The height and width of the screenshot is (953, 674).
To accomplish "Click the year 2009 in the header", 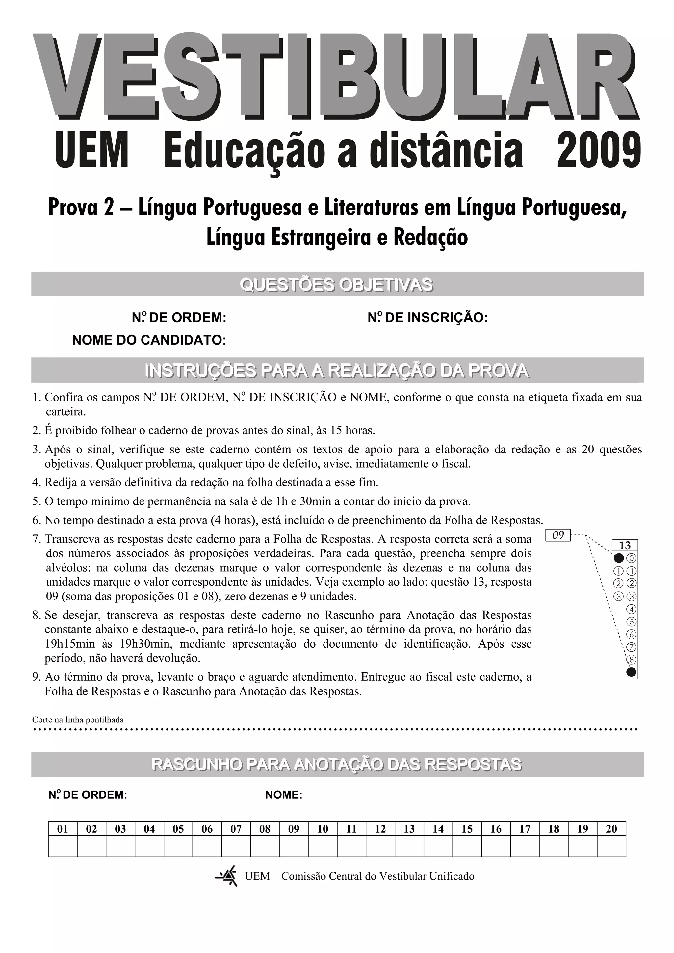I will click(598, 150).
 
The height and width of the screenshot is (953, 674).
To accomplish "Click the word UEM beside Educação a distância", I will click(91, 150).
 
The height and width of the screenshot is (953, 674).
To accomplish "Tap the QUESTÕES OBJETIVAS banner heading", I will click(336, 285).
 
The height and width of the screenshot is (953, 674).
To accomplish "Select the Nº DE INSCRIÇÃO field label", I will click(427, 318).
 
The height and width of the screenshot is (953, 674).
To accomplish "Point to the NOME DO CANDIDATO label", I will click(149, 340).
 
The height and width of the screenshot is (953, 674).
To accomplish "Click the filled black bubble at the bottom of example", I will click(631, 672).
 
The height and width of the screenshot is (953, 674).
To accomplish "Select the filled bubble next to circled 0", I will click(619, 558).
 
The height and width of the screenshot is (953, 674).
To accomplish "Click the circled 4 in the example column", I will click(631, 609).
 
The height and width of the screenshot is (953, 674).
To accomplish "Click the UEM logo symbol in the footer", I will click(227, 876).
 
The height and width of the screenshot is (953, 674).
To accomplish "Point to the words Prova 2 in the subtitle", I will click(81, 208).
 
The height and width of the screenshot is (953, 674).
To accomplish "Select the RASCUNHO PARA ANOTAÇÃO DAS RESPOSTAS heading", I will click(336, 764).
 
